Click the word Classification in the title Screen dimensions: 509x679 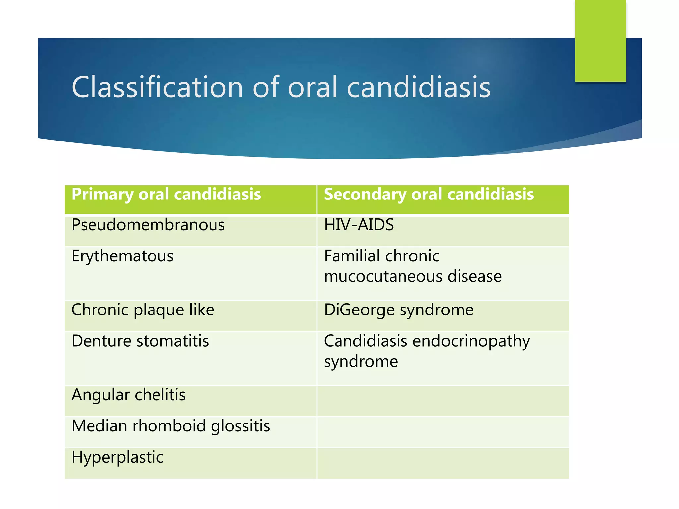[x=157, y=87]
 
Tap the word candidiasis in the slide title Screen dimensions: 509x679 [x=418, y=87]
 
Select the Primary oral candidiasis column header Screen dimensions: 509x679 [x=191, y=199]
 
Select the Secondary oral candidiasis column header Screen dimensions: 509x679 [x=443, y=199]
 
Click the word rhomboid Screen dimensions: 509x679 [x=169, y=426]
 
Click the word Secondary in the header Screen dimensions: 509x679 [x=365, y=195]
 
